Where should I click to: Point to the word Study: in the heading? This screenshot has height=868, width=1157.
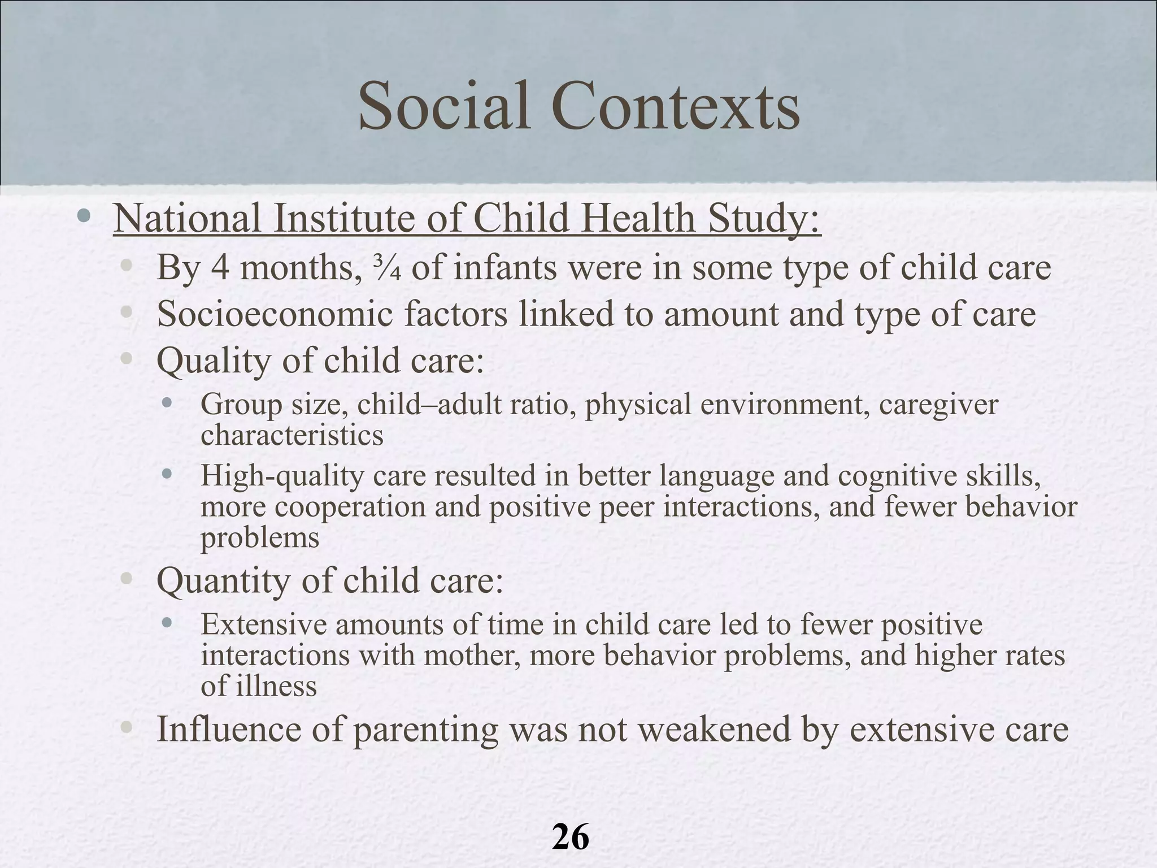pos(763,219)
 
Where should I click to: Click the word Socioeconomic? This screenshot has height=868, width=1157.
pos(275,314)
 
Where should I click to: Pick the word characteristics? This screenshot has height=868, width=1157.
pos(292,436)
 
